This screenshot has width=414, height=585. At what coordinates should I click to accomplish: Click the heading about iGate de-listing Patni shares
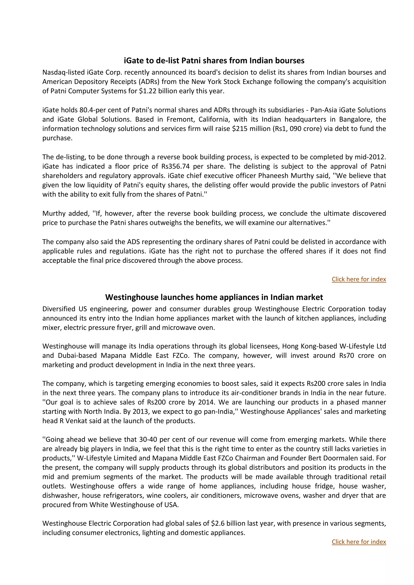[214, 61]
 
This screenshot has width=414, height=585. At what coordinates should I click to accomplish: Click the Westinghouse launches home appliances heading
[214, 297]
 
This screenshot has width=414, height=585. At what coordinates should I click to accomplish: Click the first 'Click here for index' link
[359, 279]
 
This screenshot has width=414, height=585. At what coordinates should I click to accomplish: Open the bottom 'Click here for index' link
[359, 542]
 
